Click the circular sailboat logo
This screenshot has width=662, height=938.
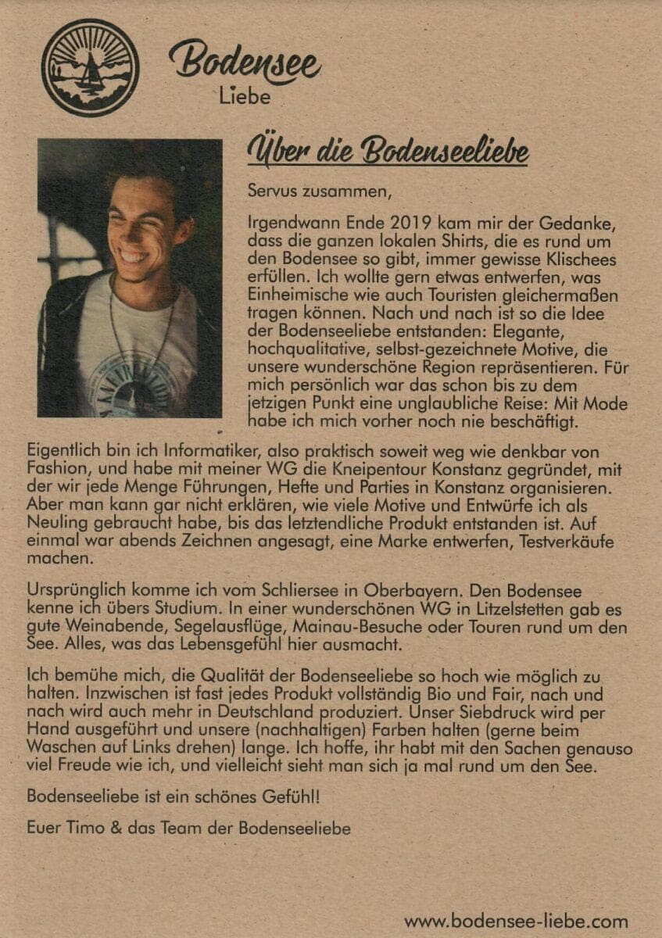coord(90,68)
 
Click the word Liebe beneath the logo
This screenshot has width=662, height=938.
coord(244,98)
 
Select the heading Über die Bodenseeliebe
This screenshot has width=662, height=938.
coord(388,152)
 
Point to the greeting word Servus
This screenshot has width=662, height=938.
coord(271,189)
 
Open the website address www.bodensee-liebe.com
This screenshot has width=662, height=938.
coord(516,922)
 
